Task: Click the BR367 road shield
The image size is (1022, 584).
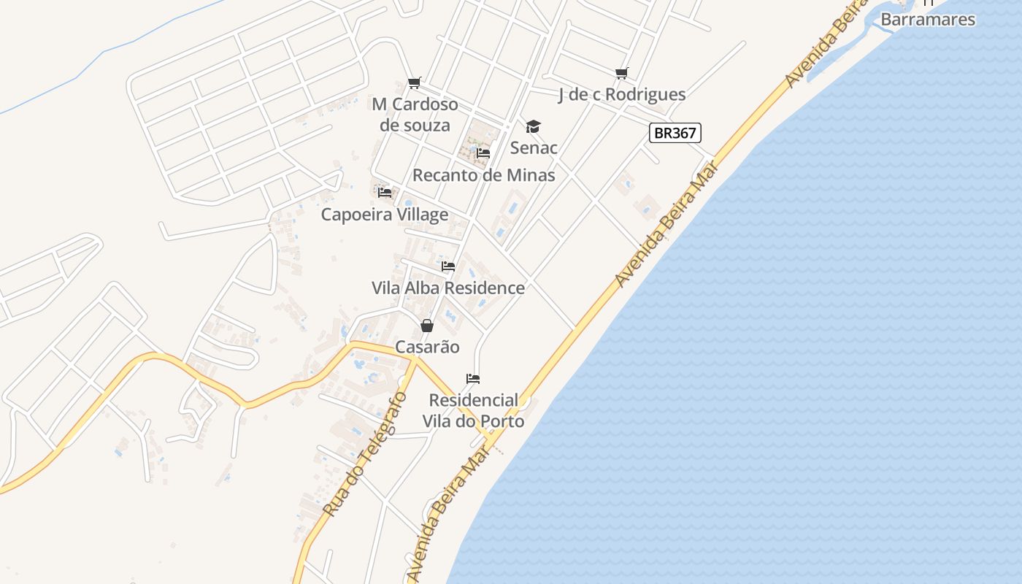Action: click(675, 133)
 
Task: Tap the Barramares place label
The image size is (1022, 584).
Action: click(928, 20)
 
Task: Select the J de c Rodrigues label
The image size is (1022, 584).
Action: click(621, 94)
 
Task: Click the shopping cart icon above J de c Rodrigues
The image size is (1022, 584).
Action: click(621, 73)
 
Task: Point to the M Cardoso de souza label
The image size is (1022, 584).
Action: click(415, 115)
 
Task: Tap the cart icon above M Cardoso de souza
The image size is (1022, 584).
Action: click(414, 82)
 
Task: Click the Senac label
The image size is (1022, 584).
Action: click(534, 148)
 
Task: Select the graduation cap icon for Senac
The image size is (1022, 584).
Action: click(534, 127)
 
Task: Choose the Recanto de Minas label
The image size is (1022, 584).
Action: click(483, 175)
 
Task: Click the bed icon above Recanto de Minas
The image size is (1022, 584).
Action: click(483, 153)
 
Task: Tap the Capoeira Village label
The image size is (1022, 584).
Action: click(385, 215)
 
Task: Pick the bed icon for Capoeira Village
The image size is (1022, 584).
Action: click(385, 193)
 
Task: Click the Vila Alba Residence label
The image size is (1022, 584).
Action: click(448, 288)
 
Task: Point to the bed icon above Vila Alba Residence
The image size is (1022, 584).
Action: click(448, 266)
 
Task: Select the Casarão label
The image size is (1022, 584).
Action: click(427, 347)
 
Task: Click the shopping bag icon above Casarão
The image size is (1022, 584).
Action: click(427, 326)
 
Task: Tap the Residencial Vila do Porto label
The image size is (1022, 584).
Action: click(473, 411)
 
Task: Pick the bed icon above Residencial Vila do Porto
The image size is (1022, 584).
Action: click(473, 379)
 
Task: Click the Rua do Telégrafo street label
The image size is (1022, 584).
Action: click(364, 454)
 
